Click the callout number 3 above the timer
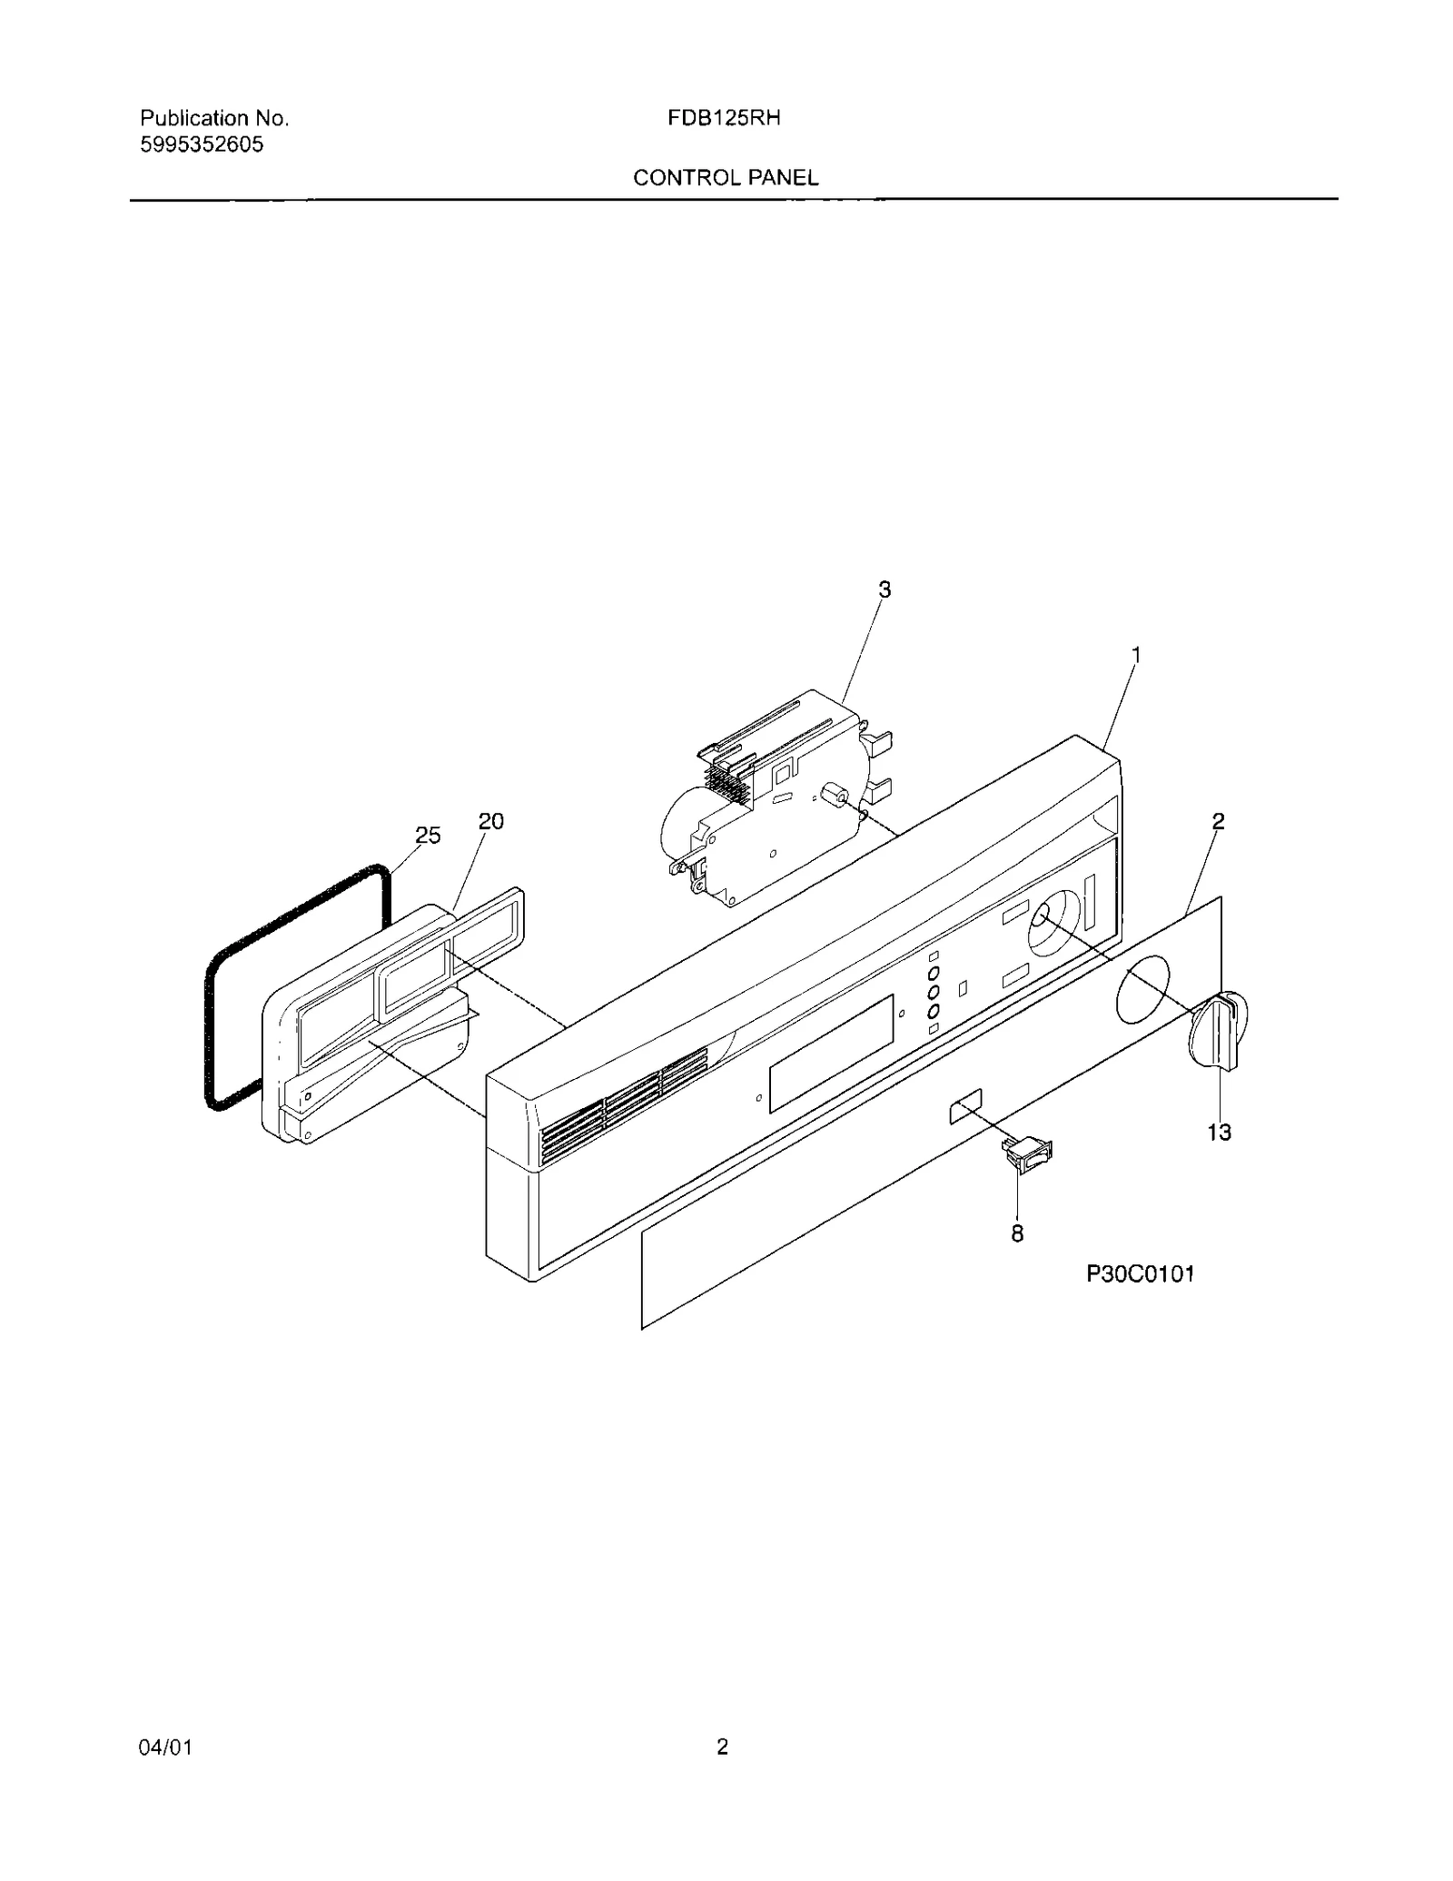pyautogui.click(x=884, y=589)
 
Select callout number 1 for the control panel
pyautogui.click(x=1135, y=655)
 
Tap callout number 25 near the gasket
pyautogui.click(x=428, y=836)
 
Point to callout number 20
pyautogui.click(x=490, y=821)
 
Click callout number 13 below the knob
pyautogui.click(x=1219, y=1133)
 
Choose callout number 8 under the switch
pyautogui.click(x=1017, y=1233)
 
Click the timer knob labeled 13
pyautogui.click(x=1218, y=1032)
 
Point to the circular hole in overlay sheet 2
pyautogui.click(x=1142, y=987)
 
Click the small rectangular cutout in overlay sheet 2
pyautogui.click(x=965, y=1108)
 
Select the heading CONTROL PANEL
pyautogui.click(x=726, y=178)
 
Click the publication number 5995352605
pyautogui.click(x=202, y=144)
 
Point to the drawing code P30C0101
pyautogui.click(x=1141, y=1274)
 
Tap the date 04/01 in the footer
pyautogui.click(x=165, y=1747)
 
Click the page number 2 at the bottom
pyautogui.click(x=722, y=1747)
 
